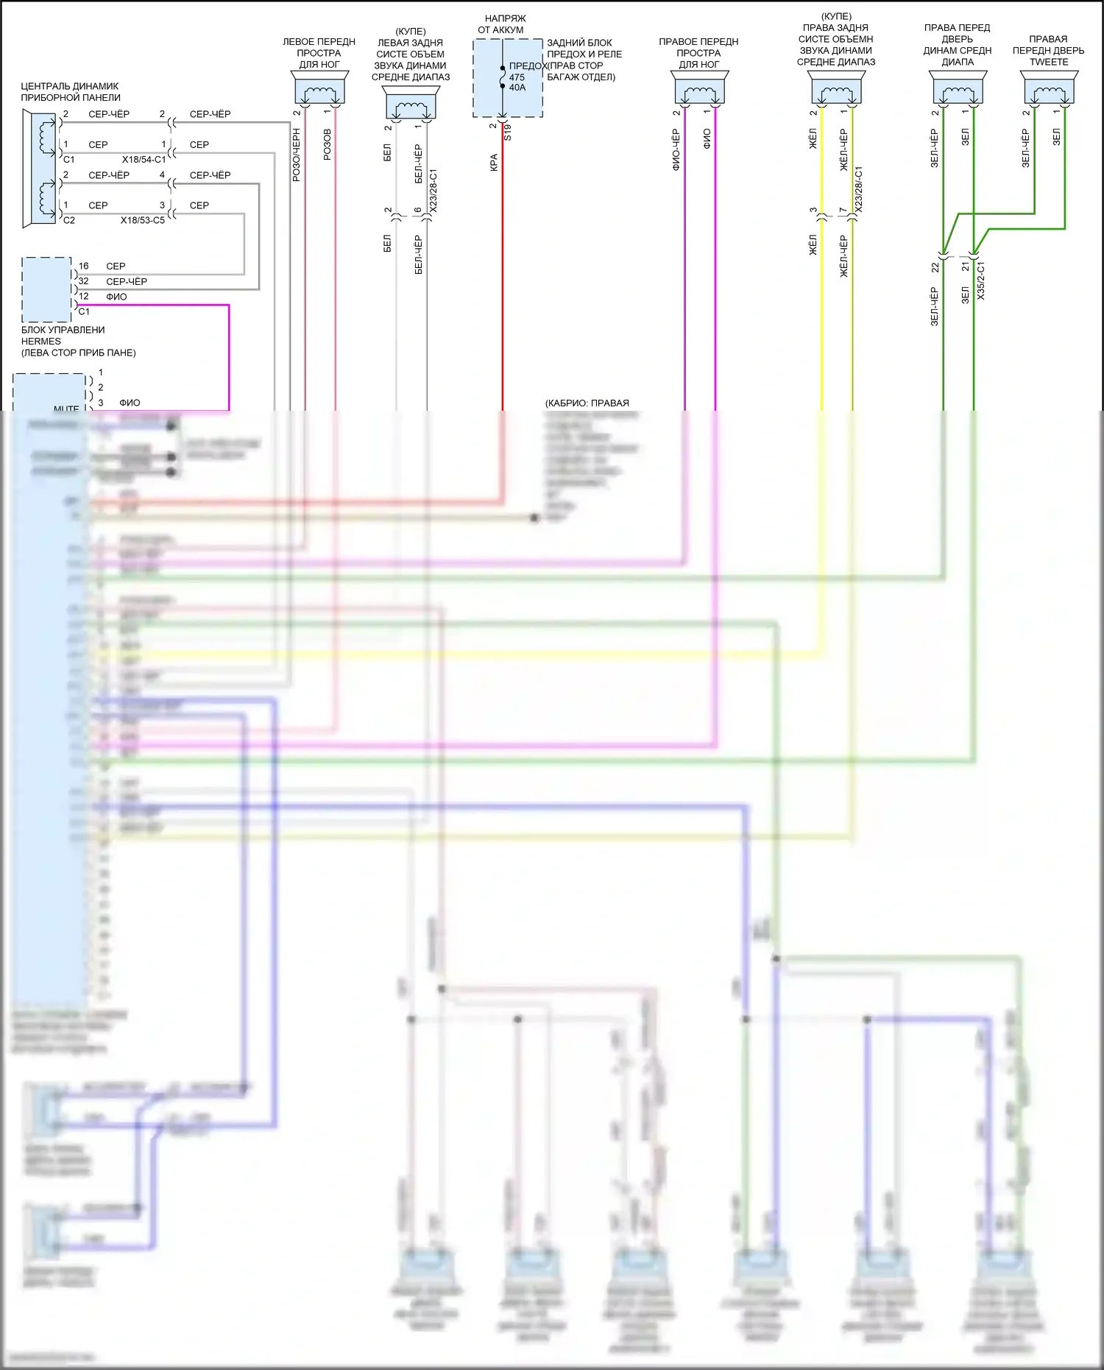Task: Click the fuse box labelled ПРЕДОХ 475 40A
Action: (508, 78)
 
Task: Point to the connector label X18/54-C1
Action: (144, 160)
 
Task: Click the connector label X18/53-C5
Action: (143, 220)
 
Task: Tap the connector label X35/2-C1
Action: (981, 280)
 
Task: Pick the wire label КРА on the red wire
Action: (494, 162)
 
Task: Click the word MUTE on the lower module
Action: (66, 409)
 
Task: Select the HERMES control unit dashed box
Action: (46, 289)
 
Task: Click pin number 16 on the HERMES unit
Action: (83, 266)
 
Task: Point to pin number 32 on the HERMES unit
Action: (83, 281)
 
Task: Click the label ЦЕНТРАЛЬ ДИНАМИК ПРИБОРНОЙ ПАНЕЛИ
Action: (70, 92)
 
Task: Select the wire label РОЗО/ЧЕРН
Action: (297, 155)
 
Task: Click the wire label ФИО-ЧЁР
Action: (676, 150)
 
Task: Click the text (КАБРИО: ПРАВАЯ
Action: (587, 403)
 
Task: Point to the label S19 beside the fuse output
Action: (507, 133)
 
